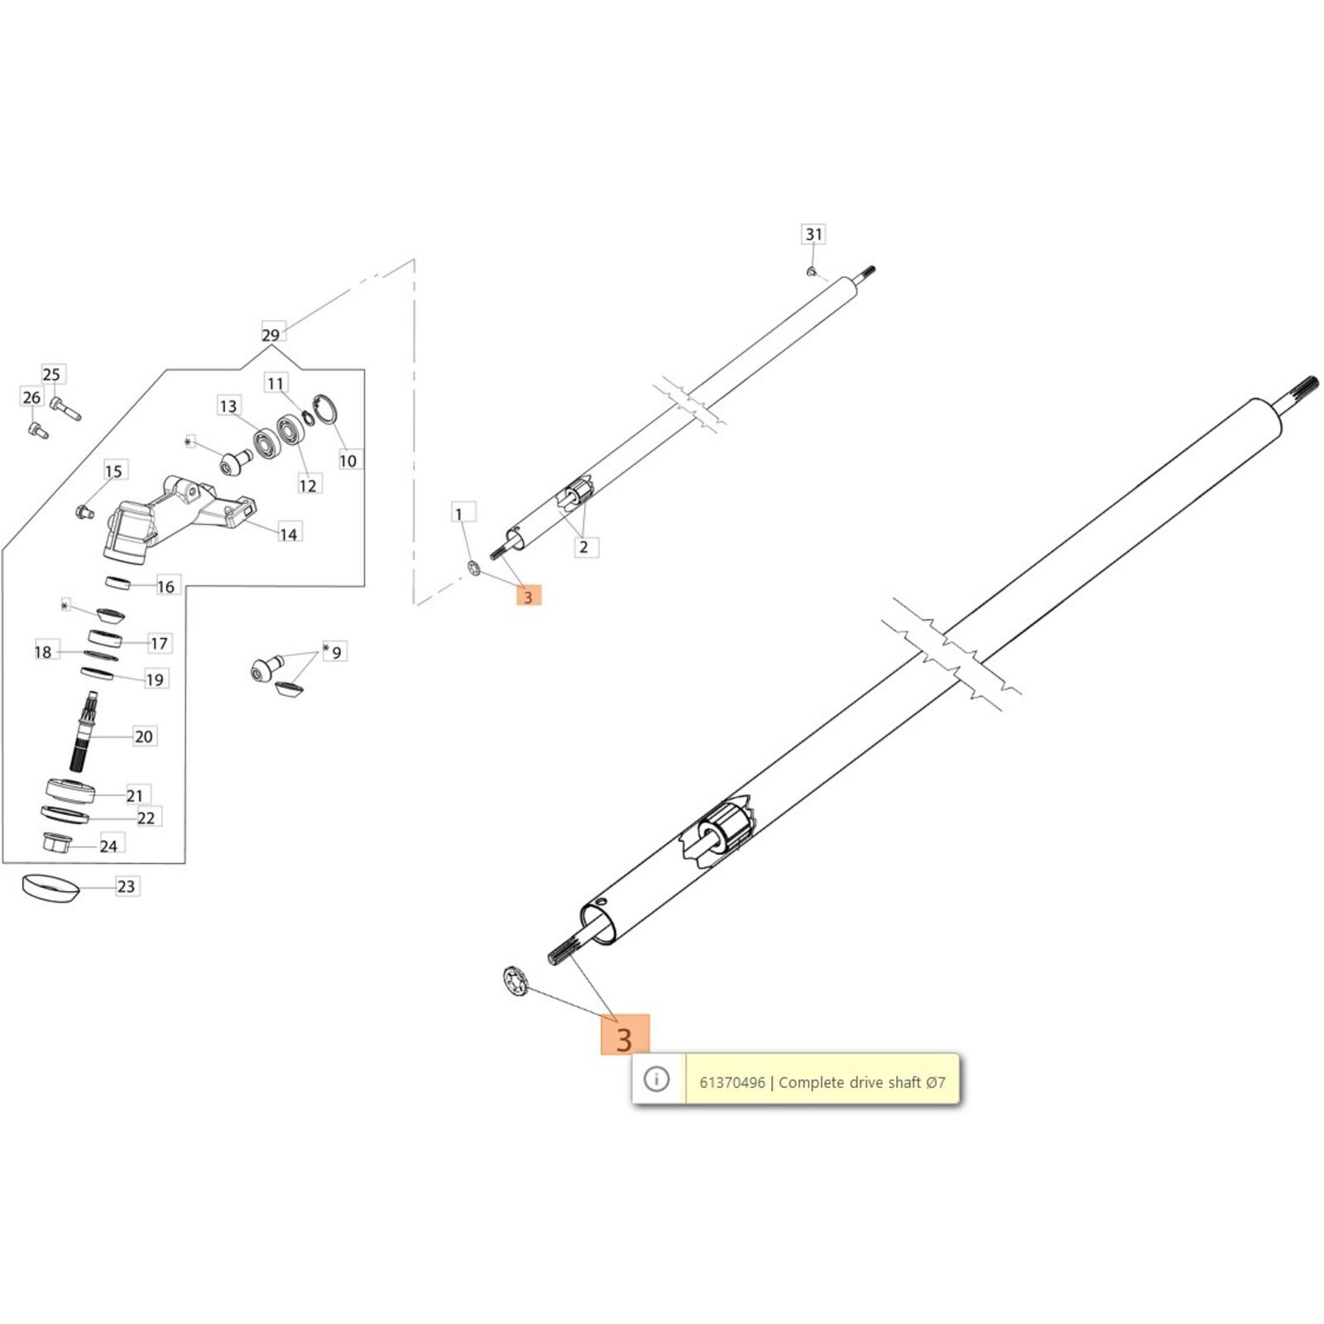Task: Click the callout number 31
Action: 814,234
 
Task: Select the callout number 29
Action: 271,335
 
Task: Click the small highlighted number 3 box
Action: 528,596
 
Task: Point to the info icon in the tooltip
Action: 656,1079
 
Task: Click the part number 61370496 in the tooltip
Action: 732,1082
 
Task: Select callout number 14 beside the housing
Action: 288,535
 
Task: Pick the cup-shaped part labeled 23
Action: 50,888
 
